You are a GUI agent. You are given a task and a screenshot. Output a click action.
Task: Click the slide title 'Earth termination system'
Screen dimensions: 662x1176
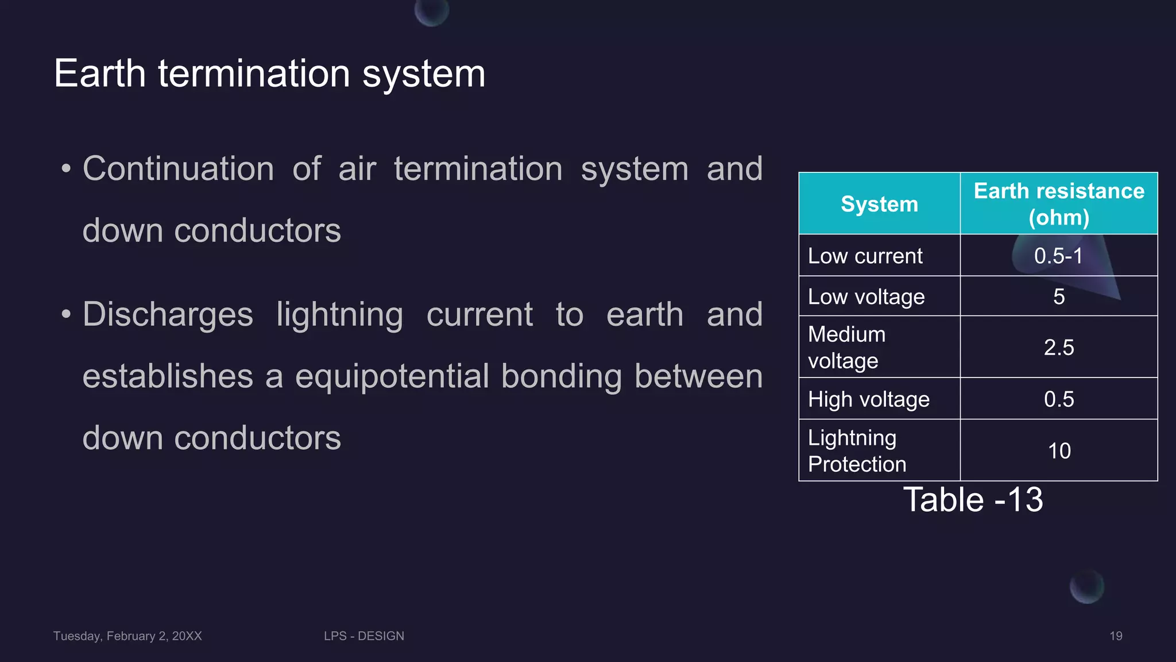click(269, 74)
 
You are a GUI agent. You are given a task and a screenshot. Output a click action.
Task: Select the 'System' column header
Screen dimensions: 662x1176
click(879, 204)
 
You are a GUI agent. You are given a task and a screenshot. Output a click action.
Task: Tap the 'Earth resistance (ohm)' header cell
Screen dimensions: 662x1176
click(1058, 204)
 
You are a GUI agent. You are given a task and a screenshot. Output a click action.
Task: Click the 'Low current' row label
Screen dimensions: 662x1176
click(865, 256)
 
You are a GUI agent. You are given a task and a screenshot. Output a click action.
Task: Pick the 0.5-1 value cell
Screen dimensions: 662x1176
click(1058, 256)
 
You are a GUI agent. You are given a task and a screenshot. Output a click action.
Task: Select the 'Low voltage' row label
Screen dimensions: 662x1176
click(866, 297)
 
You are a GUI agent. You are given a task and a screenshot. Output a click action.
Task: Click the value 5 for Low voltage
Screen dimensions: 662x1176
click(1059, 297)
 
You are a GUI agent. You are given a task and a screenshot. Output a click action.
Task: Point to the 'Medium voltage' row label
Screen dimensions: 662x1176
click(846, 347)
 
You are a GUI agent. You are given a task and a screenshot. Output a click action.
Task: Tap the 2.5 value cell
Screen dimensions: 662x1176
click(1059, 347)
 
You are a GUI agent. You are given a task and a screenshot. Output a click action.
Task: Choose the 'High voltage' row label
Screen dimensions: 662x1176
click(868, 399)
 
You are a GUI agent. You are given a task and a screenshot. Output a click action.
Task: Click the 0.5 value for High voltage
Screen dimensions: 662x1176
click(1059, 399)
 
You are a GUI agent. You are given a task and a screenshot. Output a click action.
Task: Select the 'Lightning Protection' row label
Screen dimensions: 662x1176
click(857, 451)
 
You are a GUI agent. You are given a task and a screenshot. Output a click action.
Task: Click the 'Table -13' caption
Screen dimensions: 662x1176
click(973, 499)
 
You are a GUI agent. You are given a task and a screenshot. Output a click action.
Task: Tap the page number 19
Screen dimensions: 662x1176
click(1116, 636)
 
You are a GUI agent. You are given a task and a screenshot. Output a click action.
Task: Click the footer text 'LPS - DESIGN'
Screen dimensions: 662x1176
click(363, 636)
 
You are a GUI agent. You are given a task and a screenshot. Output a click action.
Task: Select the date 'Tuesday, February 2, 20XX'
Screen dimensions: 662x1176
click(127, 636)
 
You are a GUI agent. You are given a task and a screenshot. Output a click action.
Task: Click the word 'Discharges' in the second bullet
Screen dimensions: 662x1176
click(168, 314)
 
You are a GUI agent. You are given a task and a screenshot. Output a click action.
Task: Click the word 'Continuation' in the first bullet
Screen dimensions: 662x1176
click(178, 169)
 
